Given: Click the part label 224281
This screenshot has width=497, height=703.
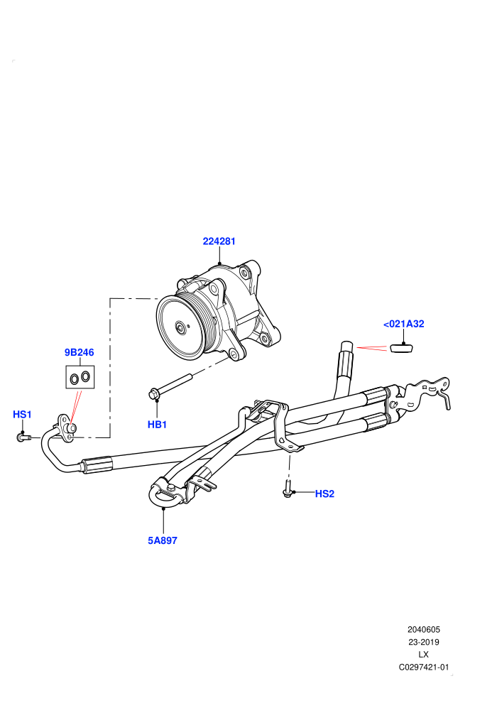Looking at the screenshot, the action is pos(219,241).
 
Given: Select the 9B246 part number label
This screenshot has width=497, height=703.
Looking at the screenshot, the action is pos(80,352).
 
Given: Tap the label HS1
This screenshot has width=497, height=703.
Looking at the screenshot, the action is pos(23,414).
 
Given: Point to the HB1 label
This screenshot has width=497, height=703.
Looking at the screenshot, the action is pos(158,425).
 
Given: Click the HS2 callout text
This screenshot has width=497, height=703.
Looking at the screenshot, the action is pos(325,494).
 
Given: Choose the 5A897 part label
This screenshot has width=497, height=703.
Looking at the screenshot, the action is pos(163,540).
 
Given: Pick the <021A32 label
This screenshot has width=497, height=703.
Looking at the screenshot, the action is pos(404,324).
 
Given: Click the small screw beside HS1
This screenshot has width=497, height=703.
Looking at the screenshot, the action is pos(23,437).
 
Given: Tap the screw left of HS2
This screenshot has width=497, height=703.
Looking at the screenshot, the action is pos(288,489).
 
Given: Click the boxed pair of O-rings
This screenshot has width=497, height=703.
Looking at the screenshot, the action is pos(80,377).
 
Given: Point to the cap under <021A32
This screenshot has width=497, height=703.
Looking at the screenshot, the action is pos(401,347).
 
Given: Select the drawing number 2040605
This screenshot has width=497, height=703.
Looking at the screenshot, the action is pos(423,630).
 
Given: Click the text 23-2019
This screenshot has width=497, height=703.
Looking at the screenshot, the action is pos(423,642).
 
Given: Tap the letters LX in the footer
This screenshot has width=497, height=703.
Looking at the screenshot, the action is pos(423,655).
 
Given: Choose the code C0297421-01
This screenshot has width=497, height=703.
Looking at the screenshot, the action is pos(423,667).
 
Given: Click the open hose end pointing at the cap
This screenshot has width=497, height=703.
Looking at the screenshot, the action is pos(347,346).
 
